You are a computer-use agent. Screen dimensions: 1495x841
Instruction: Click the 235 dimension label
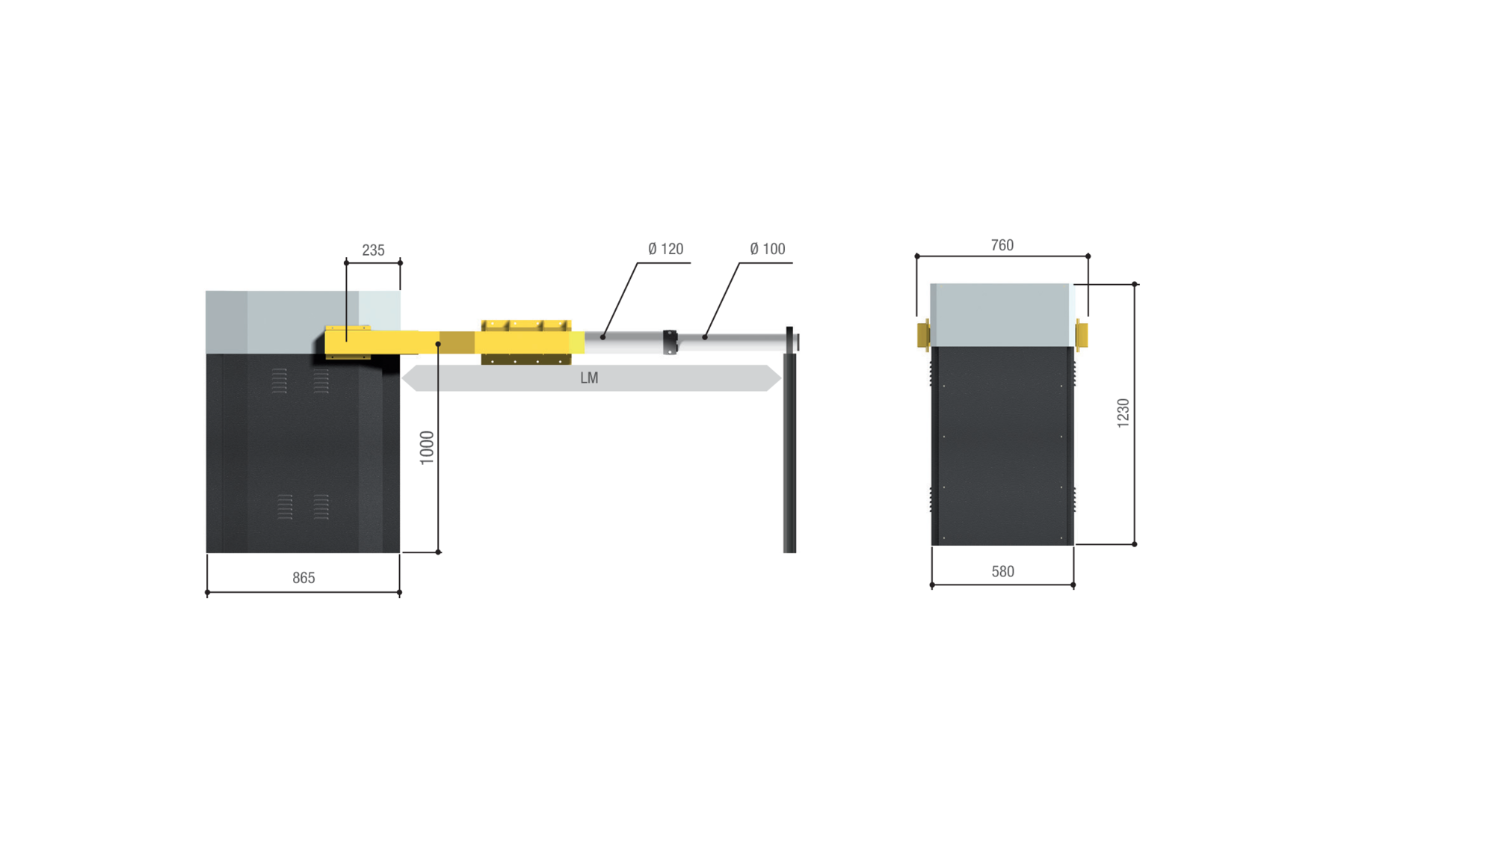pyautogui.click(x=373, y=250)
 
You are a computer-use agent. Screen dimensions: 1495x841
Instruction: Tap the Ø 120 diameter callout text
pyautogui.click(x=665, y=249)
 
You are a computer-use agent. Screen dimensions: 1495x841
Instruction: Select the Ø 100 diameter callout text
pyautogui.click(x=767, y=249)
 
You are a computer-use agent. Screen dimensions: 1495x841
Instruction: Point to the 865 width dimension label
pyautogui.click(x=303, y=578)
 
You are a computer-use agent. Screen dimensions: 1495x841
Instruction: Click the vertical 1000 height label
pyautogui.click(x=427, y=448)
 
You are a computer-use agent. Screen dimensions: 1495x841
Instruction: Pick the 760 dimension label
pyautogui.click(x=1002, y=245)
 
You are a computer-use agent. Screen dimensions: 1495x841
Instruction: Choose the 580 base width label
pyautogui.click(x=1002, y=572)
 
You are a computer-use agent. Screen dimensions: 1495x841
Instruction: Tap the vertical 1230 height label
pyautogui.click(x=1123, y=413)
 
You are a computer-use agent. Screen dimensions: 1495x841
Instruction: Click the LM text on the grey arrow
pyautogui.click(x=589, y=378)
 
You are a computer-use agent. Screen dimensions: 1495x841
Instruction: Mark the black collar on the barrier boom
pyautogui.click(x=670, y=342)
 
